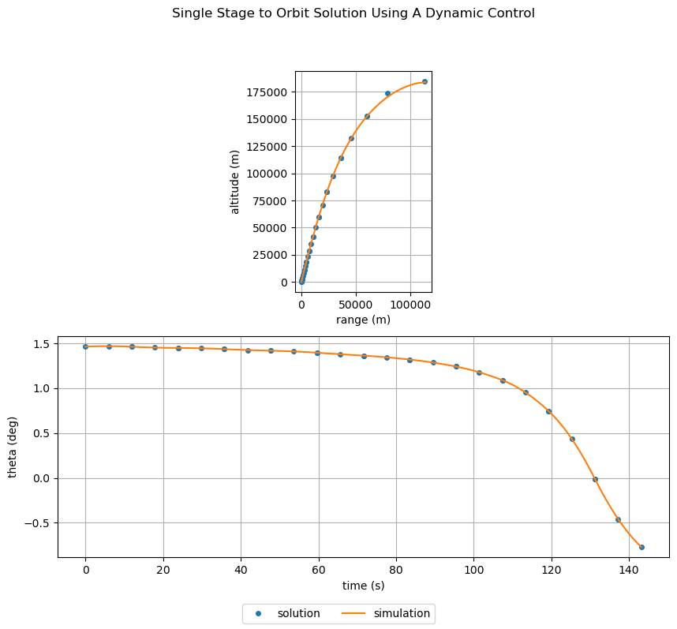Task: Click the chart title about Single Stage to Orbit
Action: click(x=353, y=13)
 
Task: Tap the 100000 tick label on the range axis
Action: click(x=410, y=304)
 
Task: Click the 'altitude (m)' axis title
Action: click(x=235, y=182)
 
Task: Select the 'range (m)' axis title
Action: click(x=363, y=320)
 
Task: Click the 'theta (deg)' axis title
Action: click(x=13, y=447)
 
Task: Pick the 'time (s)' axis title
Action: click(x=363, y=586)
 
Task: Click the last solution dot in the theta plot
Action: click(x=641, y=547)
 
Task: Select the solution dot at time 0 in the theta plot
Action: click(x=85, y=346)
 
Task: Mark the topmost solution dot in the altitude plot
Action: click(x=425, y=81)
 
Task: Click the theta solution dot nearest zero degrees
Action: click(x=595, y=479)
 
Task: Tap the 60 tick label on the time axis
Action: click(x=318, y=569)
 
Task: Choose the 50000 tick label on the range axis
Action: click(x=356, y=304)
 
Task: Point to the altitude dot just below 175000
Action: click(x=387, y=93)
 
